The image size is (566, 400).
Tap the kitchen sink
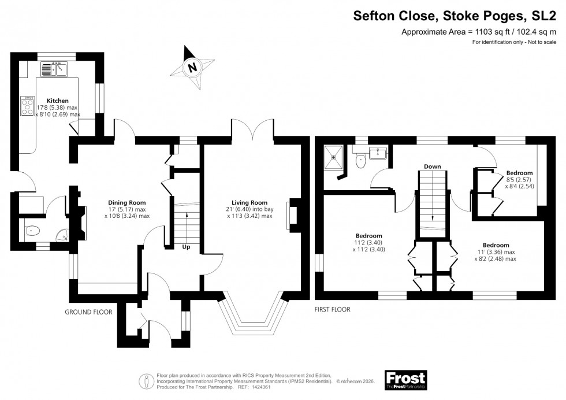coord(55,70)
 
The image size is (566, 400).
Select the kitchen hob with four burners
coord(27,105)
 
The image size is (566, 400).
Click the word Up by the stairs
coord(187,247)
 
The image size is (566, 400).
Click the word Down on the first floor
coord(432,166)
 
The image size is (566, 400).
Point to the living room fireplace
coord(293,216)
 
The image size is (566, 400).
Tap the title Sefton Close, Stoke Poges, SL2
coord(459,17)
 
